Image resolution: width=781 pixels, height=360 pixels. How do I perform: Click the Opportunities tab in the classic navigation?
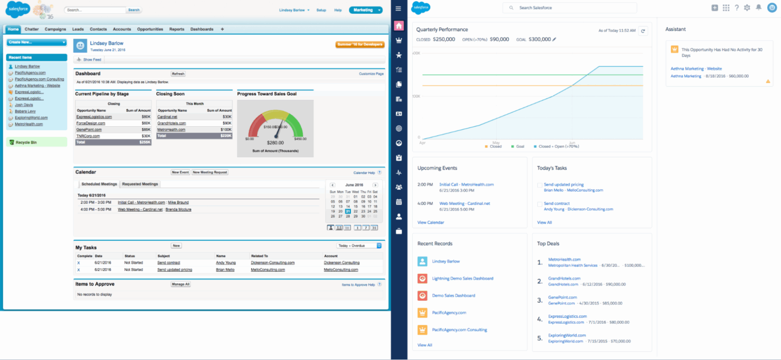150,30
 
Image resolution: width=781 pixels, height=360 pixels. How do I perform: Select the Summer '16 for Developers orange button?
360,44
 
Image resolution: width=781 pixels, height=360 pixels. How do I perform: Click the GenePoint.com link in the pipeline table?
88,129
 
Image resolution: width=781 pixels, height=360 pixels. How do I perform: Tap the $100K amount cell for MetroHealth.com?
226,129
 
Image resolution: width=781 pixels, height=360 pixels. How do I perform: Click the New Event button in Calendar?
180,172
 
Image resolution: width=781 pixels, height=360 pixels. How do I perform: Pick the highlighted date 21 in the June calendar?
348,211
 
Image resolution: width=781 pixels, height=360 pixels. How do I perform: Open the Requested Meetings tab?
140,184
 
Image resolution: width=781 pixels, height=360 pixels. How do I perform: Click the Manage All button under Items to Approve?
180,284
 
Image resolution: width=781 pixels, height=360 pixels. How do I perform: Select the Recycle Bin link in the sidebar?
26,143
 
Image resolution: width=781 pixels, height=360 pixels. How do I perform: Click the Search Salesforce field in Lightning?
570,8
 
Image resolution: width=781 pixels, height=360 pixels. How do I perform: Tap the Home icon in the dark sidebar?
398,26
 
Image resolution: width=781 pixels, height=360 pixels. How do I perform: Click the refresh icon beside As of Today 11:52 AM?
643,31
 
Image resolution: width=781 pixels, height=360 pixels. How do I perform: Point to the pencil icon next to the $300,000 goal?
554,40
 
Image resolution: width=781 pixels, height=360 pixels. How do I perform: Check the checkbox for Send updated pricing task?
539,185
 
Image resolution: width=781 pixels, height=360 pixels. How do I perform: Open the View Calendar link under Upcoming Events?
431,223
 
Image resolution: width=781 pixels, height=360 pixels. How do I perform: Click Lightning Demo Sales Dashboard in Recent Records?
462,279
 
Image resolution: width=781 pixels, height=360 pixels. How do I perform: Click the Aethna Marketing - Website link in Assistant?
696,69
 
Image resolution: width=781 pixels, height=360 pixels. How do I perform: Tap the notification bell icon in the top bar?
758,8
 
